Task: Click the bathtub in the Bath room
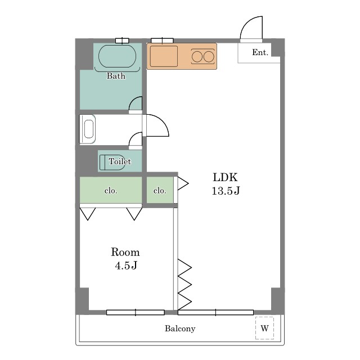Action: (117, 56)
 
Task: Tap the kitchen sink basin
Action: (164, 56)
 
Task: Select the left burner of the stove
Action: (197, 57)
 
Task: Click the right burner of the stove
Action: (209, 57)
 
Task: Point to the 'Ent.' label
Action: (260, 52)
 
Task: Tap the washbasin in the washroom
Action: (88, 129)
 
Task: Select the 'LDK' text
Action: (225, 177)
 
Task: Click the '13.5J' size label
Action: (226, 191)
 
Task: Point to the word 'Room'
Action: (125, 252)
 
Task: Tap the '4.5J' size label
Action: (126, 265)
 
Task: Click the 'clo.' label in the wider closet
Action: (111, 191)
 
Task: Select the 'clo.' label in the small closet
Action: (160, 191)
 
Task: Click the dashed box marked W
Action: (265, 328)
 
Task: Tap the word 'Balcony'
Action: (180, 328)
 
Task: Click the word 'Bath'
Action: (116, 76)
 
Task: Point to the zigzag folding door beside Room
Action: (185, 285)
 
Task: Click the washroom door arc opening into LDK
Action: (163, 121)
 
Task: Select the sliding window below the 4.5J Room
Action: (136, 312)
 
